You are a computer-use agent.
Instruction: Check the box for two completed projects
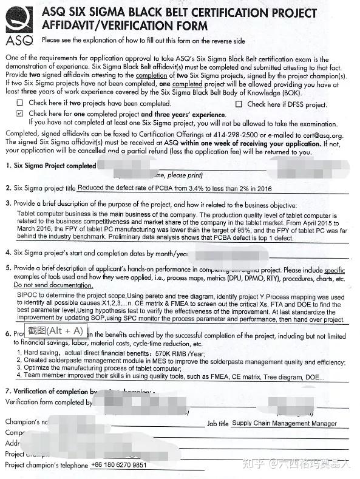click(20, 104)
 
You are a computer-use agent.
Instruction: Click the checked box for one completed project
click(20, 114)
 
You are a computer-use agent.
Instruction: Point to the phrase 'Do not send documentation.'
click(53, 285)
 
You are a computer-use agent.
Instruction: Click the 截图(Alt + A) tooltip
click(54, 330)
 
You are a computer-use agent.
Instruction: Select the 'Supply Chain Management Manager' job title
click(284, 423)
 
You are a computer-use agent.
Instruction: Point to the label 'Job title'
click(217, 424)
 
